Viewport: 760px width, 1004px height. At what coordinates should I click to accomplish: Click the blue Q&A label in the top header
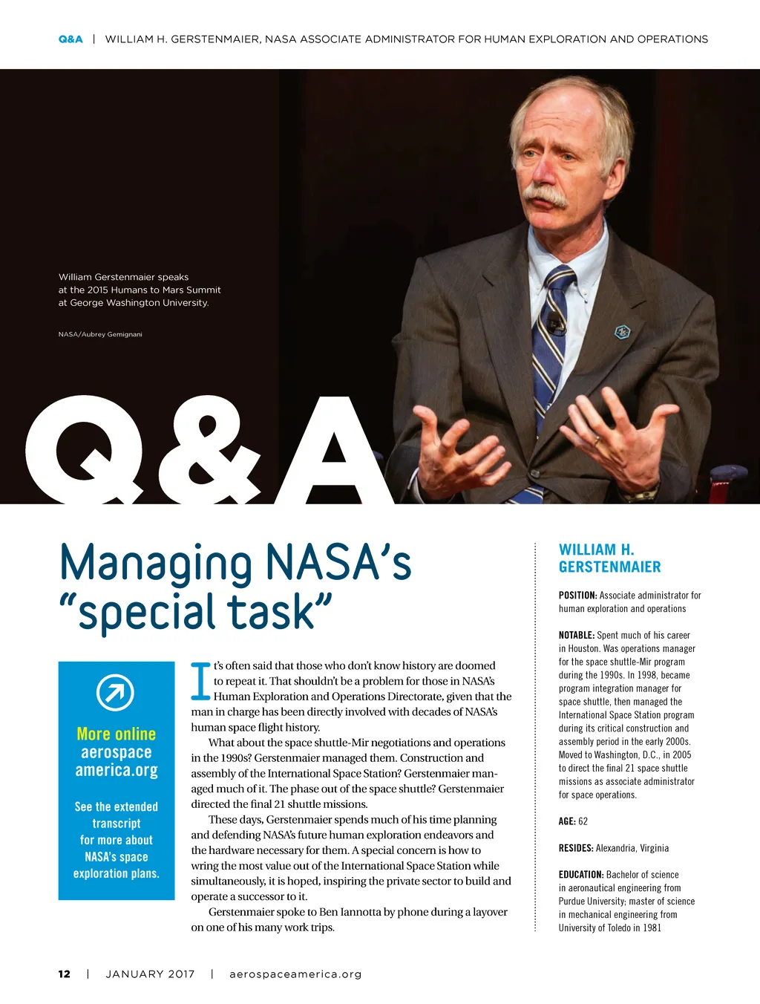71,39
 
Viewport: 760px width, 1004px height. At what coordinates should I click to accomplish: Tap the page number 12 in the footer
65,974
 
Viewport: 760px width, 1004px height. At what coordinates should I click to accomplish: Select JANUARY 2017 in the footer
150,974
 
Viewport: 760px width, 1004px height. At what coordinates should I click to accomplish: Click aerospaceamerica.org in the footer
295,974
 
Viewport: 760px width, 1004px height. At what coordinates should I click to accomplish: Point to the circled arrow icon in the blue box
116,694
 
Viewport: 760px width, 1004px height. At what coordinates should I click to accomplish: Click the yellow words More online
117,734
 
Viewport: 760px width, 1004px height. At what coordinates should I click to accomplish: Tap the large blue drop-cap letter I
200,681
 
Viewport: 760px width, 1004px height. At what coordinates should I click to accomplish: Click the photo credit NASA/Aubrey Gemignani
100,334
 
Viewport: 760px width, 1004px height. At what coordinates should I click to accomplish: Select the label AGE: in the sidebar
567,821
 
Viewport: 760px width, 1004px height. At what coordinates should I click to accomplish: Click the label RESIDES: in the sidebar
576,848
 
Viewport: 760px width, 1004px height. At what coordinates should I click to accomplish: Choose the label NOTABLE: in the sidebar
577,635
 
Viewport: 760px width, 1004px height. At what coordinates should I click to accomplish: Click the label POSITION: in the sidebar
578,595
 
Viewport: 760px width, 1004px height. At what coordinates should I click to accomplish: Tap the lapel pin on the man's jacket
623,332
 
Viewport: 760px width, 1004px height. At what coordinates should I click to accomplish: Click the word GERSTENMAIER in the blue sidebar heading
609,567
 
